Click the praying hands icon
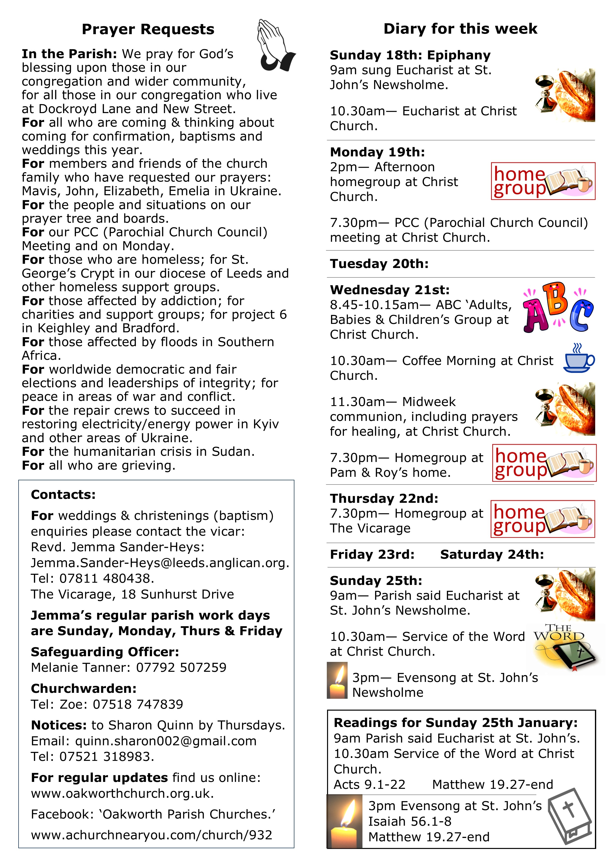(275, 45)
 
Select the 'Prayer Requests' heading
(148, 29)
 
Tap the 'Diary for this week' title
(460, 29)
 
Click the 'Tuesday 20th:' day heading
(379, 264)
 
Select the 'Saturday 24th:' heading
(492, 554)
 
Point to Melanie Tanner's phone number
(181, 667)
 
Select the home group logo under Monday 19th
(543, 181)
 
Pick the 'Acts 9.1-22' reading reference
(369, 784)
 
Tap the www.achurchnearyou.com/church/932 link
(151, 835)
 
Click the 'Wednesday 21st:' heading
(390, 290)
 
